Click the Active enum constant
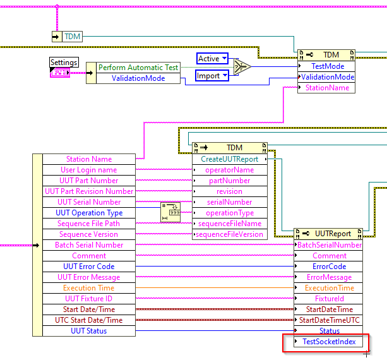coord(212,59)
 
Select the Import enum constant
coord(212,76)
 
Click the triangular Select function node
coord(241,66)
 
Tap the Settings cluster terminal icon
coord(60,73)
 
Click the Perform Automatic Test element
coord(138,68)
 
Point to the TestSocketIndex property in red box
coord(328,342)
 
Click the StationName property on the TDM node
coord(326,88)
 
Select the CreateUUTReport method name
coord(230,159)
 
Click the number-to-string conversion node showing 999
coord(170,212)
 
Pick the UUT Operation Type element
coord(89,213)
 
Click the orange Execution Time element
coord(89,288)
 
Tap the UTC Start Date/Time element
coord(89,320)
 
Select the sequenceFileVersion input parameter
coord(230,234)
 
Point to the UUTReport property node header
coord(328,234)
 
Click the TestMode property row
coord(326,66)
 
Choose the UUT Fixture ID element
coord(89,299)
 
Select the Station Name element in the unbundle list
coord(89,159)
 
